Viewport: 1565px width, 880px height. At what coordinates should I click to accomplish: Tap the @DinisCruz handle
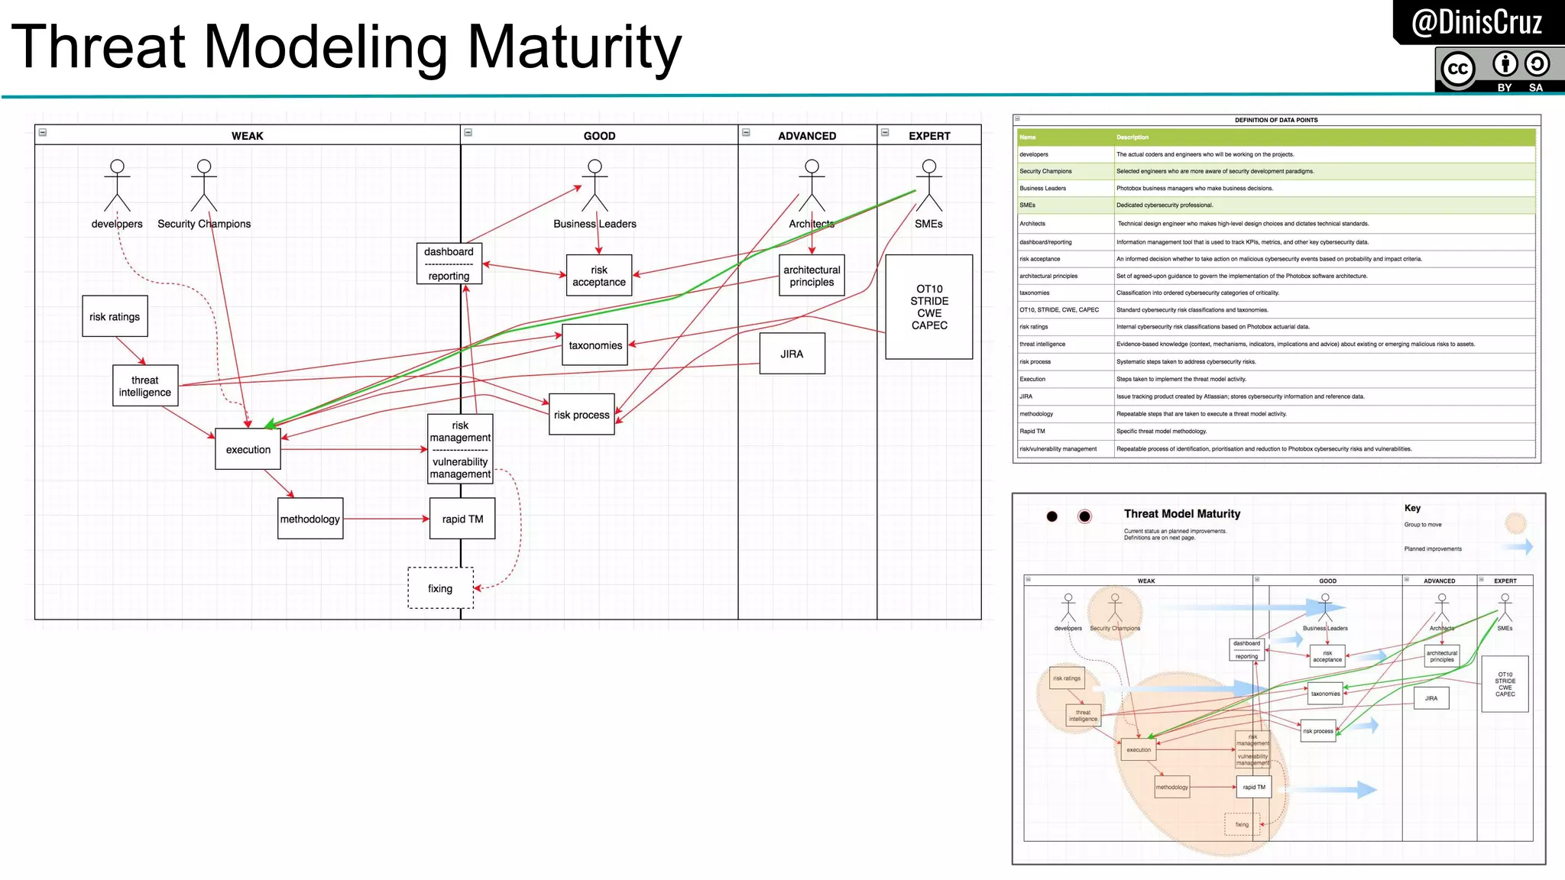tap(1476, 22)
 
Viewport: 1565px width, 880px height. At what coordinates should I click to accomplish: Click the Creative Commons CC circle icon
tap(1457, 69)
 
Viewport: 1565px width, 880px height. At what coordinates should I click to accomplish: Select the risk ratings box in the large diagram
tap(115, 316)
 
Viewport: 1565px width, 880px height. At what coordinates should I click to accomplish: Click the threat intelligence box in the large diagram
tap(145, 386)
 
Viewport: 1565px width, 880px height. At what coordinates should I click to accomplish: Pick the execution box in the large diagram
tap(248, 449)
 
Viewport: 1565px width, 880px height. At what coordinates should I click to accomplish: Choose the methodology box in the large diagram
tap(310, 519)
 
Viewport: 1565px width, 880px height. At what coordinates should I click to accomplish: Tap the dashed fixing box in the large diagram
tap(441, 588)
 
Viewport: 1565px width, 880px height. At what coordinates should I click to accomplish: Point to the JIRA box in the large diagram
tap(792, 354)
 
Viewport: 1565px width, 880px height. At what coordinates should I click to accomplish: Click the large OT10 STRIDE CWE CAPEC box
tap(929, 307)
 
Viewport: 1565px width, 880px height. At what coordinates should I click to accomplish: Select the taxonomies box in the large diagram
tap(595, 345)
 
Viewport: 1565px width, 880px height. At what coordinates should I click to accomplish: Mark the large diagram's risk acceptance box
tap(599, 276)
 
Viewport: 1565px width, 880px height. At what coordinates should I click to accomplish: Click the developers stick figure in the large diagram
tap(117, 186)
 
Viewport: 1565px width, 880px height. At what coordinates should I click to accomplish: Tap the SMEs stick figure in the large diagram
tap(929, 186)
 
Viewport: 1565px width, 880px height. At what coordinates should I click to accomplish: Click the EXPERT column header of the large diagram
tap(929, 136)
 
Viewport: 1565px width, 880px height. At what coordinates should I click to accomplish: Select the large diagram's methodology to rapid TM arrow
tap(386, 519)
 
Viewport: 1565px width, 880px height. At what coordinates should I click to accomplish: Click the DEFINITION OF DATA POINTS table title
tap(1276, 120)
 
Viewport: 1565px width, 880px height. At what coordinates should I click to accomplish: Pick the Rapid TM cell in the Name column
tap(1032, 432)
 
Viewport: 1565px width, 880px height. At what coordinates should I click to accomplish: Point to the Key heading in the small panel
tap(1412, 508)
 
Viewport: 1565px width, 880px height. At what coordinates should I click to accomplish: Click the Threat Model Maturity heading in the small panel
tap(1182, 514)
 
